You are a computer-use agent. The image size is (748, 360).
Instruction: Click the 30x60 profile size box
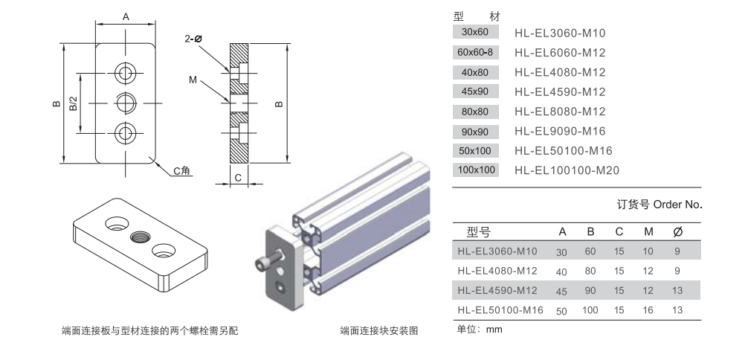[x=475, y=32]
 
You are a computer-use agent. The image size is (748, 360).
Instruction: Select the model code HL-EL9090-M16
[x=560, y=132]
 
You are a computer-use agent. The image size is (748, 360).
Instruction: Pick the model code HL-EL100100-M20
[x=567, y=171]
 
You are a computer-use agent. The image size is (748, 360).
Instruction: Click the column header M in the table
[x=648, y=232]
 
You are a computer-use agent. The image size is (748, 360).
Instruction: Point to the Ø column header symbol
[x=677, y=232]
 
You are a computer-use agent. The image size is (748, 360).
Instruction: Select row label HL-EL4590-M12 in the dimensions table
[x=500, y=290]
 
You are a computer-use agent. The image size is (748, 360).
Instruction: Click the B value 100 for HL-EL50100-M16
[x=590, y=309]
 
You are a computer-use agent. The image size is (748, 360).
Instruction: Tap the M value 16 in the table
[x=648, y=309]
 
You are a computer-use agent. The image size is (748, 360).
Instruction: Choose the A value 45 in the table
[x=561, y=291]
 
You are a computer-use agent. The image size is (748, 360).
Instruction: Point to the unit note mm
[x=494, y=329]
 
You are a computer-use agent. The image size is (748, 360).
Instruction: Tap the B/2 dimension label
[x=74, y=103]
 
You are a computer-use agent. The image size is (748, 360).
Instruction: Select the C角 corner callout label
[x=182, y=171]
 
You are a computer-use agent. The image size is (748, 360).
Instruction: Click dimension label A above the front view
[x=126, y=16]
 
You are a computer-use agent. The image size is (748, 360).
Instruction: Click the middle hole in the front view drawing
[x=125, y=102]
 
